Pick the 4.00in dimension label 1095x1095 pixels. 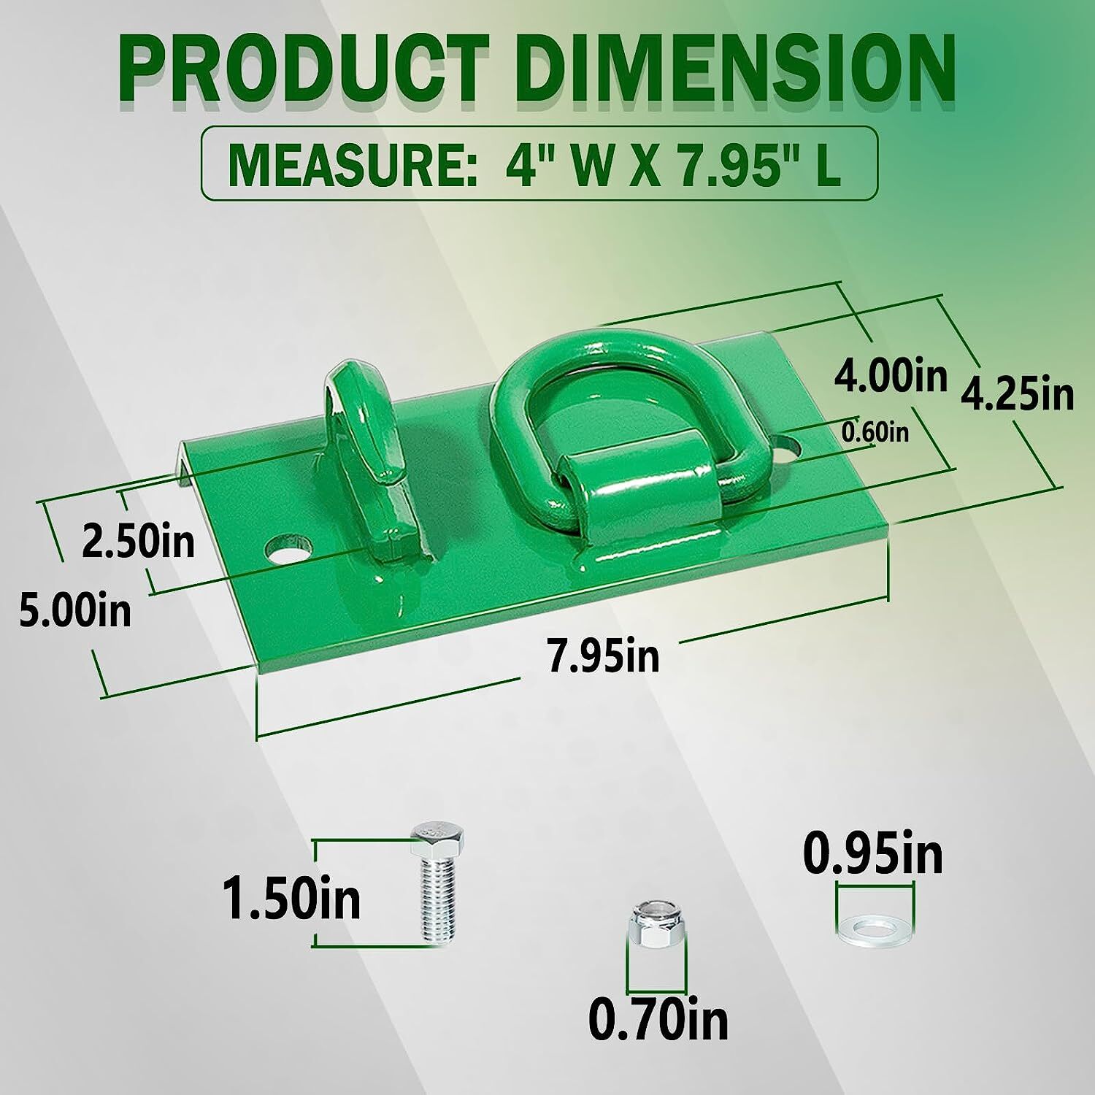[x=891, y=377]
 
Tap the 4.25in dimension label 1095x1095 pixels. [x=1018, y=395]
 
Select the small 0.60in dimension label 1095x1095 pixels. [x=875, y=433]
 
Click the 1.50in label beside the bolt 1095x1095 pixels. [x=291, y=899]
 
